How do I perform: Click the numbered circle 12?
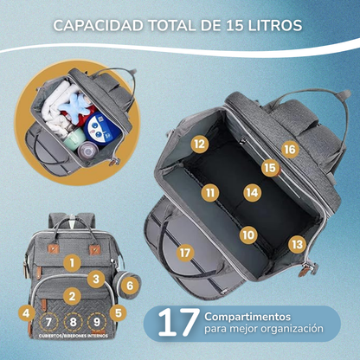[199, 145]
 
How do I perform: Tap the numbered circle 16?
[289, 150]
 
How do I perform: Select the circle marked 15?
[269, 169]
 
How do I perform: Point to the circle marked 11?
[209, 192]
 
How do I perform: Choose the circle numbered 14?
[252, 192]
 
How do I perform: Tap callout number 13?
[297, 246]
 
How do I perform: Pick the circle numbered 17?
[184, 253]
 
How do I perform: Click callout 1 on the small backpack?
[73, 260]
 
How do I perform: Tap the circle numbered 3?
[98, 279]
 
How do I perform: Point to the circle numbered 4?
[27, 312]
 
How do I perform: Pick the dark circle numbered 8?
[73, 325]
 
